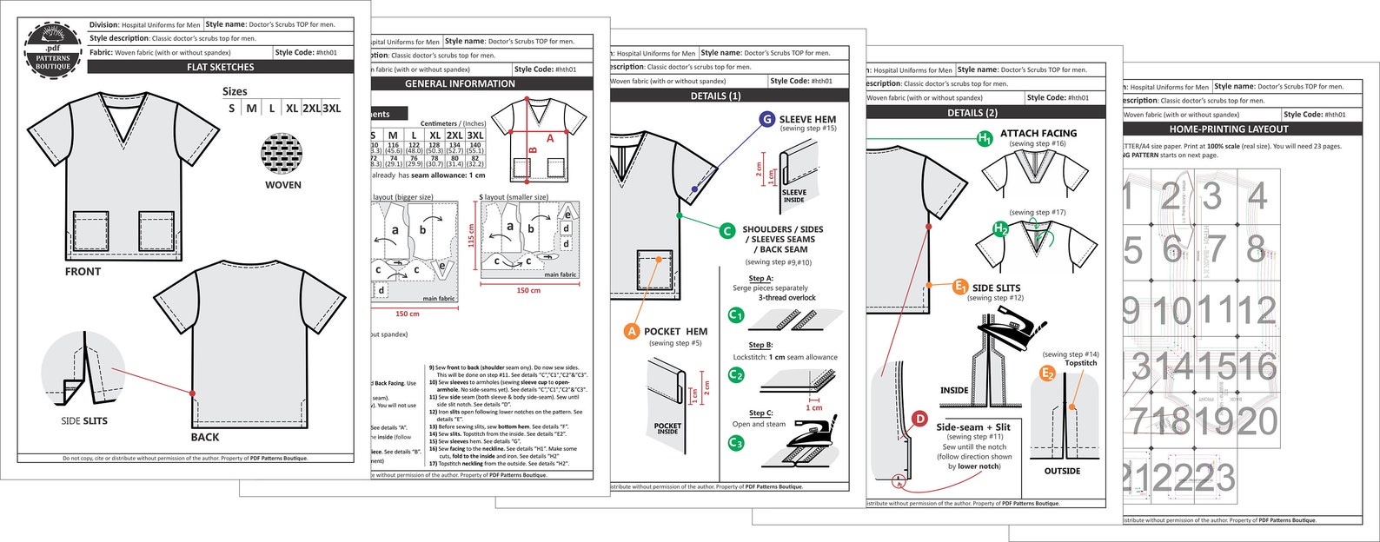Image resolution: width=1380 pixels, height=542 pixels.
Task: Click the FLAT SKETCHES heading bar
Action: pos(221,67)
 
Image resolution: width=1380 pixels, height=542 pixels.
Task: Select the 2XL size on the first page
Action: pos(311,109)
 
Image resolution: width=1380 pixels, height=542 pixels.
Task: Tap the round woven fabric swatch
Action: pos(282,153)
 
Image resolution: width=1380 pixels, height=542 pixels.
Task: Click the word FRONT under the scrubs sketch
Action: pos(83,272)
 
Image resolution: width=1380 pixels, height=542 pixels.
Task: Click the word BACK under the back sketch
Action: pos(205,437)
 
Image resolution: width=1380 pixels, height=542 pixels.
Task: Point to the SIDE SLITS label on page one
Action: pos(84,420)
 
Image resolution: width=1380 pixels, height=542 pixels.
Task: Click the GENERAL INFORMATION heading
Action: pos(460,84)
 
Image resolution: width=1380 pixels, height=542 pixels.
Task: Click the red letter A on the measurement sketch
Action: pos(549,136)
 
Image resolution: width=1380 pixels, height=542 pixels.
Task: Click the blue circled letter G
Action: pos(766,119)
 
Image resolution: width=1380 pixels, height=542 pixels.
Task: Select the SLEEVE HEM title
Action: pos(807,119)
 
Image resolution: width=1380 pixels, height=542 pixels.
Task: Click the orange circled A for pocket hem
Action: pos(632,331)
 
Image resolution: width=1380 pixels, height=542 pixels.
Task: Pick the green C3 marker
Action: pos(736,443)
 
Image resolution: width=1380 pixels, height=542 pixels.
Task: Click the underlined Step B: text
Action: pos(760,345)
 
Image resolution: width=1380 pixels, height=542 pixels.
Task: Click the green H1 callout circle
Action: pos(985,138)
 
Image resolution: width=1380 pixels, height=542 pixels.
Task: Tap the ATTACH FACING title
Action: pos(1038,133)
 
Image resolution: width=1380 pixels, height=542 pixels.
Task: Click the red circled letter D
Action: pos(920,420)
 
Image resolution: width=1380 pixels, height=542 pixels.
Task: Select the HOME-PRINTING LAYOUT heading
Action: pos(1228,129)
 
